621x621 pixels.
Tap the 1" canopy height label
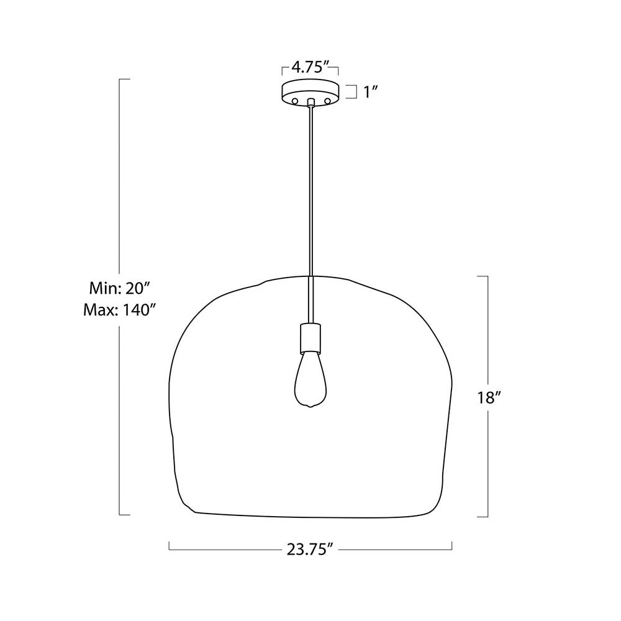(x=371, y=92)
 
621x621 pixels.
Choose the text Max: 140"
(x=118, y=309)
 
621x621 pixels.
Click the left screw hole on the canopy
(x=296, y=100)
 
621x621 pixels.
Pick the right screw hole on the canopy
(x=326, y=100)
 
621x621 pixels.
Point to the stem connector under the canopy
(x=310, y=102)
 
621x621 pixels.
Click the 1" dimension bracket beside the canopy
(x=355, y=92)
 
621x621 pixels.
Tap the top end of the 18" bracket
(x=483, y=276)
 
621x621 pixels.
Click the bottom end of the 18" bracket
(x=483, y=516)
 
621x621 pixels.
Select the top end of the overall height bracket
(x=124, y=79)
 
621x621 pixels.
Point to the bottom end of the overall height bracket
(x=124, y=514)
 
